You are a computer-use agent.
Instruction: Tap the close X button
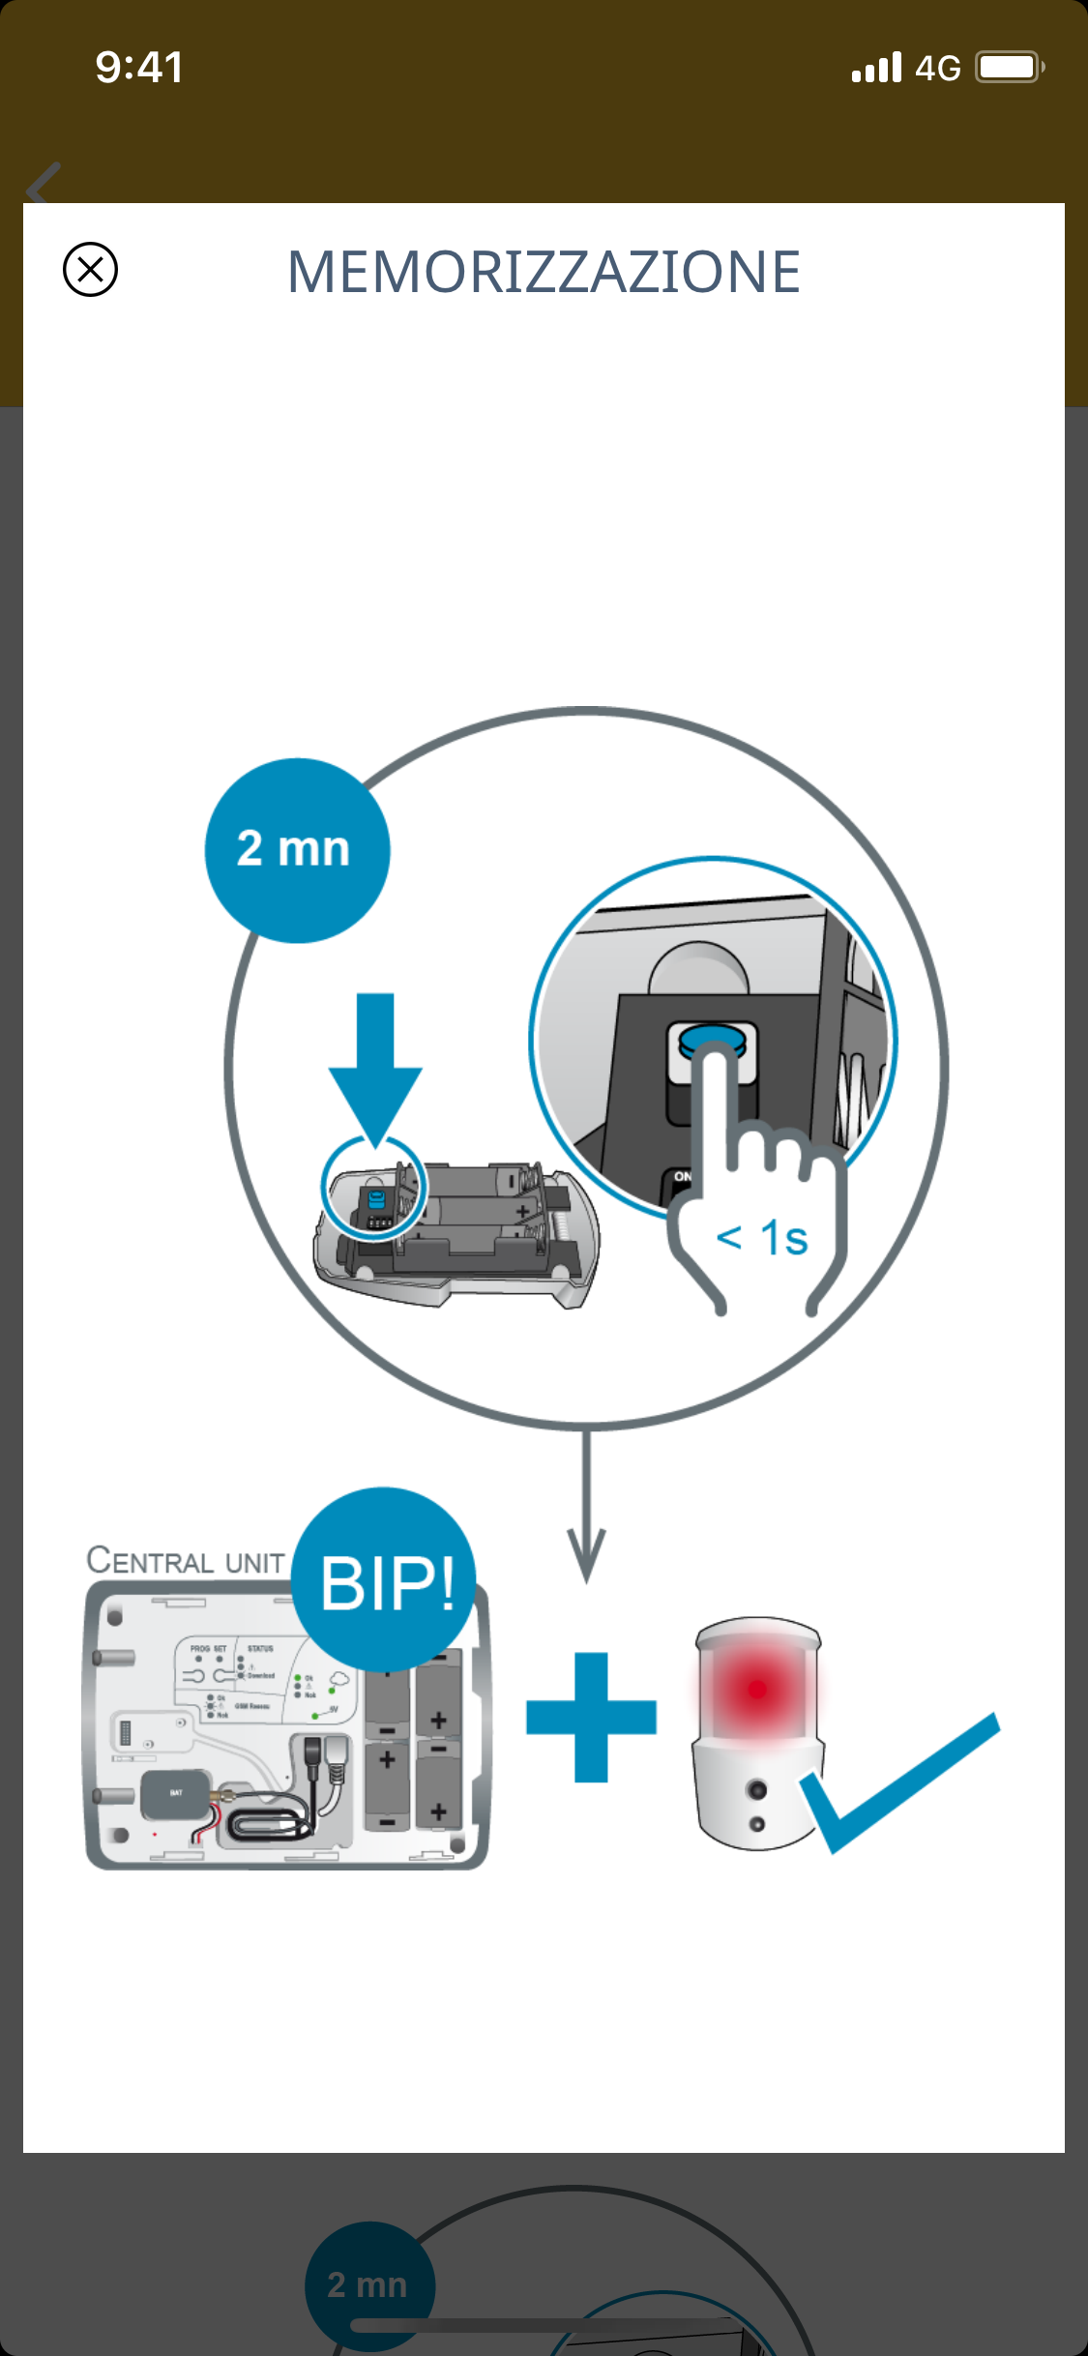click(x=90, y=269)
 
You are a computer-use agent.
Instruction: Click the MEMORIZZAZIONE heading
click(x=544, y=272)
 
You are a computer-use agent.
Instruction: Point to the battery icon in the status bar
click(x=1008, y=68)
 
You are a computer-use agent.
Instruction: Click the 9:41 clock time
click(x=139, y=68)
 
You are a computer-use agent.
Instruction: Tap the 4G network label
click(x=937, y=69)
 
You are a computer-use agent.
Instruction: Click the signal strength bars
click(x=876, y=69)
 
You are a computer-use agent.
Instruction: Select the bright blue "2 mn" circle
click(x=297, y=850)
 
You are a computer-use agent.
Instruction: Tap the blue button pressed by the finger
click(x=712, y=1041)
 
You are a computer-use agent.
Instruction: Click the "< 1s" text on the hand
click(x=762, y=1238)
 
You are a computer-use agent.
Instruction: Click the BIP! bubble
click(x=385, y=1581)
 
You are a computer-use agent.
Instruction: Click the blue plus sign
click(x=591, y=1718)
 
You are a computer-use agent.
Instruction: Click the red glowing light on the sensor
click(x=757, y=1689)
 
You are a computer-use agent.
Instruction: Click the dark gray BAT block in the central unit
click(x=175, y=1795)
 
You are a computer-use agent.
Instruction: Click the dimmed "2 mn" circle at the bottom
click(x=369, y=2284)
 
